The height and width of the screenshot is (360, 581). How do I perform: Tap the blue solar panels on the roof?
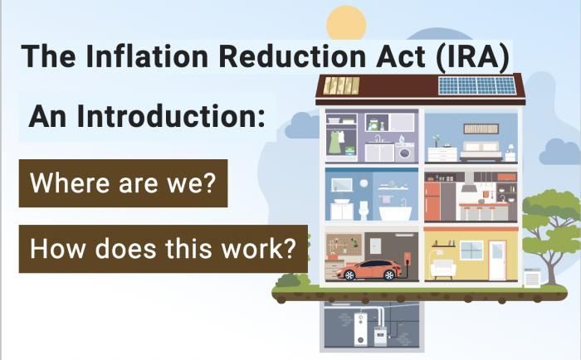tap(476, 85)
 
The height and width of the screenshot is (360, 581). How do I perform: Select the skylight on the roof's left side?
tap(341, 85)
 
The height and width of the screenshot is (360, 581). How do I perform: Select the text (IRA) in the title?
tap(474, 56)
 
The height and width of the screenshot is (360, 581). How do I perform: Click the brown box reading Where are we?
tap(123, 183)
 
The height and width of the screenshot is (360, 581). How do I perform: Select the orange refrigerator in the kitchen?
tap(432, 202)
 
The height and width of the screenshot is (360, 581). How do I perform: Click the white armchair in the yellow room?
tap(442, 268)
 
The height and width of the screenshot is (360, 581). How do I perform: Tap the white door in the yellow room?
tap(496, 261)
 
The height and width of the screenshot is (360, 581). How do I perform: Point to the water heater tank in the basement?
tap(359, 328)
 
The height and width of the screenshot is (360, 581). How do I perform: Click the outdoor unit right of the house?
tap(532, 278)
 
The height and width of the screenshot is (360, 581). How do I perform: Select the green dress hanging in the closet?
tap(334, 142)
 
